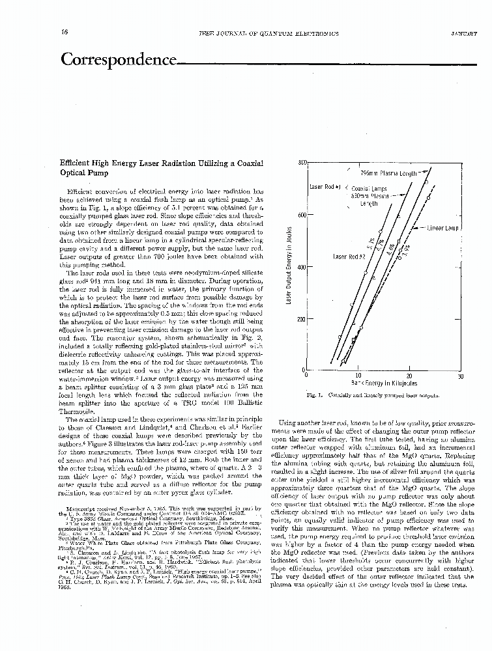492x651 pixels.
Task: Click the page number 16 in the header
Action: [65, 33]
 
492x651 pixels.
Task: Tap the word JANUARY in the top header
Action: [463, 33]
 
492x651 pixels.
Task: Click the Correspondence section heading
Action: [119, 61]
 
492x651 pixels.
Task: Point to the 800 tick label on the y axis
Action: [302, 162]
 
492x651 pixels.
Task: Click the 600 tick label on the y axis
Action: [302, 215]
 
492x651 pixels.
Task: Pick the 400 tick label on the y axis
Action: [302, 267]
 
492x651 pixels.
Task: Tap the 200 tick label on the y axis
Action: [302, 319]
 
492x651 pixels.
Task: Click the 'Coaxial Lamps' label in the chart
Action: [369, 187]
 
